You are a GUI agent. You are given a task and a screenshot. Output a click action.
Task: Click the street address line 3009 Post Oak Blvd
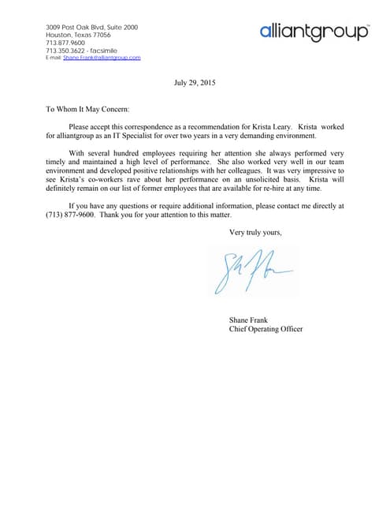pyautogui.click(x=91, y=28)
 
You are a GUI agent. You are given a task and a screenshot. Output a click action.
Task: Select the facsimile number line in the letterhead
pyautogui.click(x=82, y=50)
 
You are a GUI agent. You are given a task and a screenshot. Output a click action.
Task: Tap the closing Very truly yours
pyautogui.click(x=255, y=232)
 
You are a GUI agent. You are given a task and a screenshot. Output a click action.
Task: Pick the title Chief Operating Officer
pyautogui.click(x=266, y=329)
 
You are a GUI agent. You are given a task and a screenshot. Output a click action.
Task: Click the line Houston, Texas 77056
pyautogui.click(x=78, y=36)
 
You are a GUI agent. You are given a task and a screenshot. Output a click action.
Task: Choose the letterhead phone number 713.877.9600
pyautogui.click(x=65, y=43)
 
